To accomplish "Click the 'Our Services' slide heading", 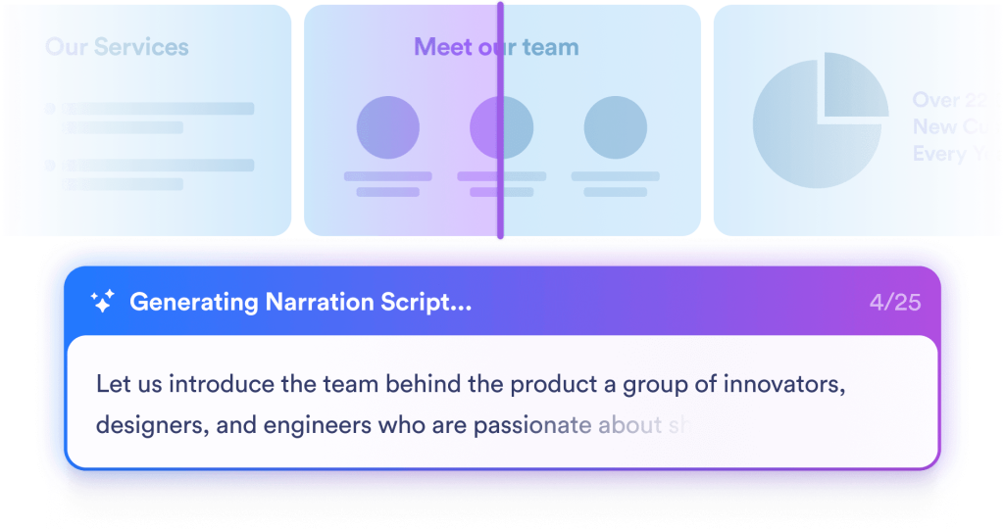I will pos(117,47).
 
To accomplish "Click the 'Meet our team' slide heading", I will pos(496,47).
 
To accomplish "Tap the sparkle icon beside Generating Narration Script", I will pos(102,302).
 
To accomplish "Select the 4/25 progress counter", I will pos(894,302).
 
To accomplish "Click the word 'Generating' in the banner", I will pos(193,303).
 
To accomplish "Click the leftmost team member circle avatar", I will pos(387,127).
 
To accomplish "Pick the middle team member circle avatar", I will pos(501,127).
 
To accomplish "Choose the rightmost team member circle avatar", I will pos(615,127).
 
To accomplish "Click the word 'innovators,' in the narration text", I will pos(785,384).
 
